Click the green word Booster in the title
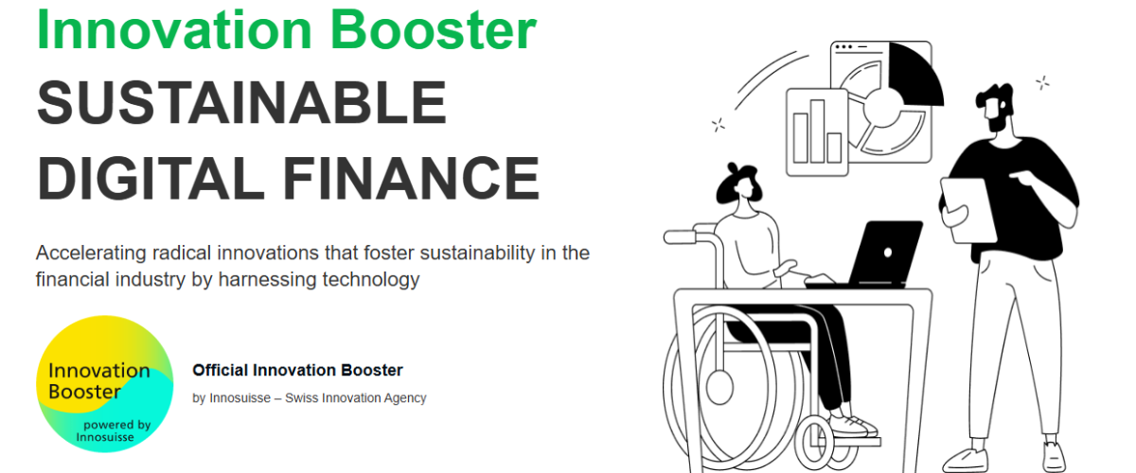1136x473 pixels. pyautogui.click(x=434, y=29)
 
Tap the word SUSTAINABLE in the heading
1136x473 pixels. pyautogui.click(x=242, y=103)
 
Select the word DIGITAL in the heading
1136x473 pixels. pyautogui.click(x=151, y=178)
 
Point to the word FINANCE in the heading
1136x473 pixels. pyautogui.click(x=411, y=178)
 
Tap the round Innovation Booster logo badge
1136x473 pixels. pyautogui.click(x=105, y=384)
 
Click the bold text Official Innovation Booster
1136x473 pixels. pyautogui.click(x=297, y=370)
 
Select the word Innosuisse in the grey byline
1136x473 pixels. pyautogui.click(x=240, y=398)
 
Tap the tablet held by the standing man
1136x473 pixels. pyautogui.click(x=968, y=210)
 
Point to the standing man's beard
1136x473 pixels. pyautogui.click(x=998, y=122)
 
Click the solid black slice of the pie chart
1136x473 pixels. pyautogui.click(x=913, y=76)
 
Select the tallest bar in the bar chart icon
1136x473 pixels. pyautogui.click(x=817, y=131)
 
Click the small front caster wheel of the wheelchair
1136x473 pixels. pyautogui.click(x=814, y=443)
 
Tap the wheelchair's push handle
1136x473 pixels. pyautogui.click(x=680, y=237)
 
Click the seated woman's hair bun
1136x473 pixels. pyautogui.click(x=734, y=167)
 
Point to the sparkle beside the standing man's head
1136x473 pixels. pyautogui.click(x=1042, y=82)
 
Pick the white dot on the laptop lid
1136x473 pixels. pyautogui.click(x=888, y=253)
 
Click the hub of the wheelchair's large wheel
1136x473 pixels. pyautogui.click(x=719, y=387)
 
